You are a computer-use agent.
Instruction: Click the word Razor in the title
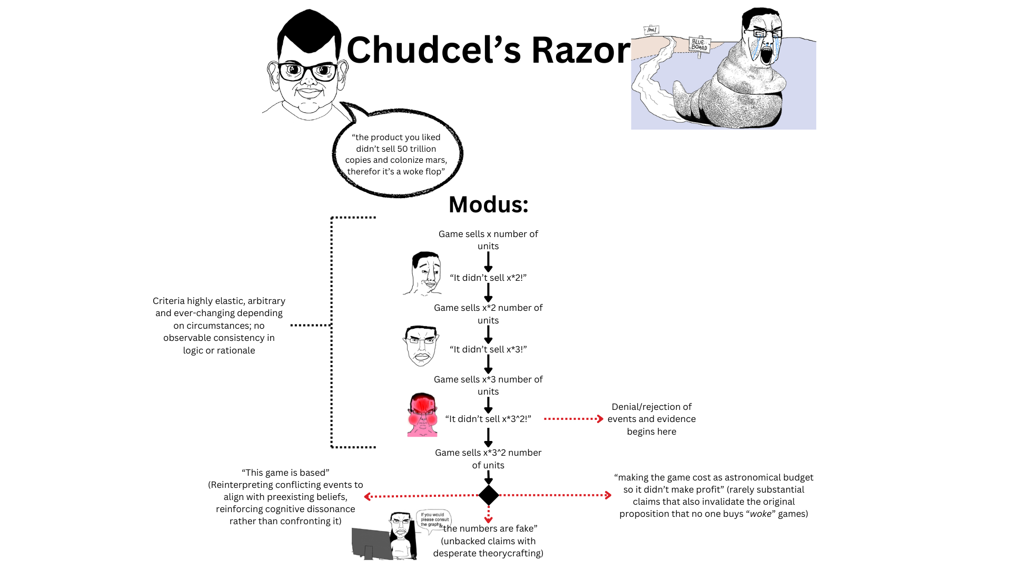point(580,51)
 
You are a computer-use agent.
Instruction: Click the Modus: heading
point(488,204)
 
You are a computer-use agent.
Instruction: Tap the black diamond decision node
point(489,495)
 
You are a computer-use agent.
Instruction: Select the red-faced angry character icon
point(422,415)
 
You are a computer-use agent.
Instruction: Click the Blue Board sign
point(699,45)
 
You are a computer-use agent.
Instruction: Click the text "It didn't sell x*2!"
point(488,278)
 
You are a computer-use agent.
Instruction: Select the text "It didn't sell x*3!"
point(488,349)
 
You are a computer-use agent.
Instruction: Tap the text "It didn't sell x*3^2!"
point(488,419)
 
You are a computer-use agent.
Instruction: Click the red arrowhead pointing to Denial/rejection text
point(600,419)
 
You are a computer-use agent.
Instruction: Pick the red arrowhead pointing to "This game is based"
point(368,496)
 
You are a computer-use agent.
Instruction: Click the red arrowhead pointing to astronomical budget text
point(608,495)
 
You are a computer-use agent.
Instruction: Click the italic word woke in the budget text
point(760,514)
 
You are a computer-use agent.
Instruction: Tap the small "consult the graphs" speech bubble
point(433,519)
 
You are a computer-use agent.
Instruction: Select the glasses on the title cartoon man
point(308,71)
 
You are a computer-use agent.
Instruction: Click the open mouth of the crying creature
point(767,53)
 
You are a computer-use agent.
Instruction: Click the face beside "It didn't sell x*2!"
point(424,273)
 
